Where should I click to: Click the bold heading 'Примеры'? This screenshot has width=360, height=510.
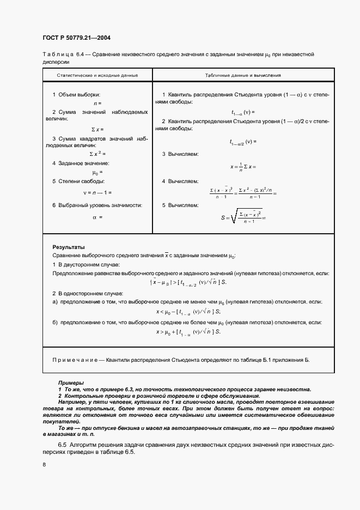pos(71,383)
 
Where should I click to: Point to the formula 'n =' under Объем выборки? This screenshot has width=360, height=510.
pos(97,102)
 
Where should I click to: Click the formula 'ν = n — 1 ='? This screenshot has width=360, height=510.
pos(97,192)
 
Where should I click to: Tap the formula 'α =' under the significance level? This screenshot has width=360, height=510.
pos(97,216)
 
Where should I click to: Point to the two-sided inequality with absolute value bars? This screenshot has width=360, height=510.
pos(188,282)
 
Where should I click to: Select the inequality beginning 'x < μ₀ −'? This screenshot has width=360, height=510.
pos(188,311)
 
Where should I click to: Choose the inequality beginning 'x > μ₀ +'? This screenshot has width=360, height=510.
pos(188,331)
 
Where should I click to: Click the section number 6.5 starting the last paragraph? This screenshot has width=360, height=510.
pos(63,445)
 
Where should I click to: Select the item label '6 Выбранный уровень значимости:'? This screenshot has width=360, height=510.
pos(97,205)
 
